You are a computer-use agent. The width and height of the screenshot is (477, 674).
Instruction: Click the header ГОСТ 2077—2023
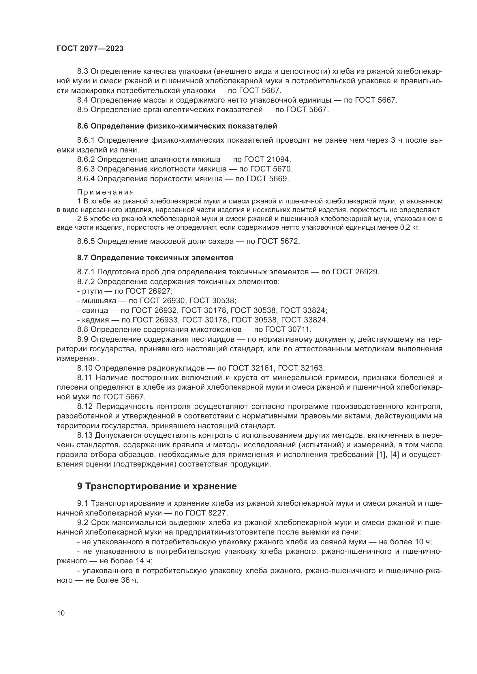click(90, 49)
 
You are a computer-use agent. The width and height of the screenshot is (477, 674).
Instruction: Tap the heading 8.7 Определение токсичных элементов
click(155, 258)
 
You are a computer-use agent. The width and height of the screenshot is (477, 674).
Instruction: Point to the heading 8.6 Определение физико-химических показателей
click(177, 126)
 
